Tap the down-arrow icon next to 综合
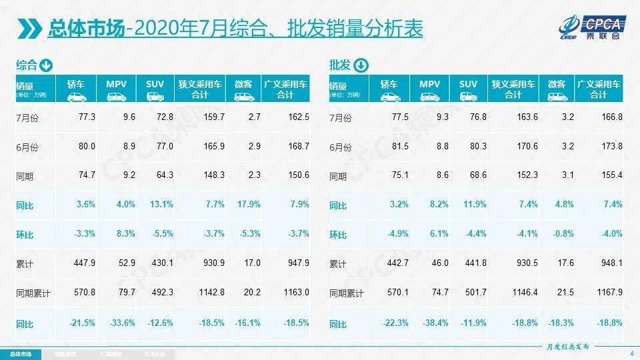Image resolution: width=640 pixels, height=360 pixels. pyautogui.click(x=46, y=65)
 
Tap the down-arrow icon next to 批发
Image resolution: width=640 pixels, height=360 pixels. pyautogui.click(x=360, y=65)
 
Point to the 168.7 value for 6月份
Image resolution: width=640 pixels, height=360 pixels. pyautogui.click(x=297, y=147)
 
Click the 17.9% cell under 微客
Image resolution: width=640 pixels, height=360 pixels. pyautogui.click(x=247, y=205)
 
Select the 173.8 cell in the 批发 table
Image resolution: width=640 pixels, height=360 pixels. pyautogui.click(x=609, y=147)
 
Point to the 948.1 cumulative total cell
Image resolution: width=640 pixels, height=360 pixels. pyautogui.click(x=609, y=263)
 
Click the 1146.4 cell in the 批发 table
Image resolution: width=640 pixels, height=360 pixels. pyautogui.click(x=519, y=293)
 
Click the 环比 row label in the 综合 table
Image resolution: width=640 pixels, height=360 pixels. pyautogui.click(x=25, y=234)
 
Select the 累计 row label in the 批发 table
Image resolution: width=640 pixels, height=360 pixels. pyautogui.click(x=339, y=264)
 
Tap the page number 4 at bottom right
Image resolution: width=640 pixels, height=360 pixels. pyautogui.click(x=631, y=353)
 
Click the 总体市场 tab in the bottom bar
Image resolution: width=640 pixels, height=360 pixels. pyautogui.click(x=20, y=353)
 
